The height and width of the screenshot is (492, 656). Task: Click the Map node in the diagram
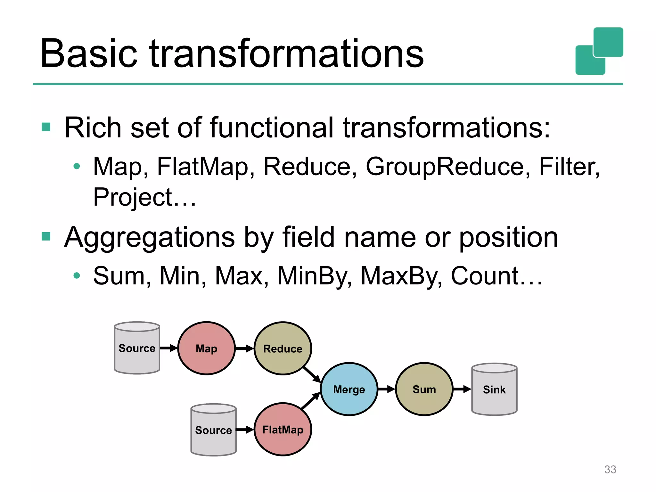(x=206, y=348)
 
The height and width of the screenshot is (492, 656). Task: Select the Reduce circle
(x=283, y=348)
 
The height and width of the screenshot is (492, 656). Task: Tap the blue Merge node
(x=349, y=389)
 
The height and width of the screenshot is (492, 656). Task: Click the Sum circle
(x=424, y=389)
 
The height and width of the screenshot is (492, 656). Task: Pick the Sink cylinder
(x=494, y=389)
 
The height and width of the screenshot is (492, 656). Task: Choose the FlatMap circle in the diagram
(x=283, y=430)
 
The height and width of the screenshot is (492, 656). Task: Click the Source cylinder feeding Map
(x=137, y=348)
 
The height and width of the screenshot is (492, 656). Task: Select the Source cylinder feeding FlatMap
(x=213, y=430)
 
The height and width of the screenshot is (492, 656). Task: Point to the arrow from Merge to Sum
(x=387, y=389)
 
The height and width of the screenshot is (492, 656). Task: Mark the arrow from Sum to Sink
(x=462, y=389)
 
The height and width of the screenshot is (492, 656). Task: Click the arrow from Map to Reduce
(x=244, y=348)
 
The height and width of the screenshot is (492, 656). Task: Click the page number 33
(x=610, y=469)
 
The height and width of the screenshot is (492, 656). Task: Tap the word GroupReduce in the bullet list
(x=445, y=167)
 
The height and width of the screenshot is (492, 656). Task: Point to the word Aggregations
(x=149, y=238)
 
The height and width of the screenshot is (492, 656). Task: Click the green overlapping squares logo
(x=599, y=51)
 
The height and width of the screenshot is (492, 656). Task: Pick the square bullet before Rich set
(x=46, y=127)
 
